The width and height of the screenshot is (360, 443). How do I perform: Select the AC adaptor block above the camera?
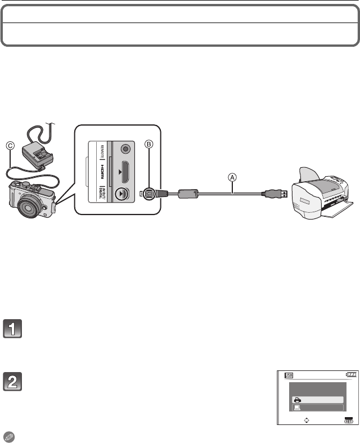[x=35, y=153]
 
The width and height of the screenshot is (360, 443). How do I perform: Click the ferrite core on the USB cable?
[x=188, y=194]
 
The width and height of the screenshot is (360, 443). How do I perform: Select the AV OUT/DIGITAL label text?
[x=102, y=194]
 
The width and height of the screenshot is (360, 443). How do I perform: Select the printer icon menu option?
[x=316, y=399]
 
